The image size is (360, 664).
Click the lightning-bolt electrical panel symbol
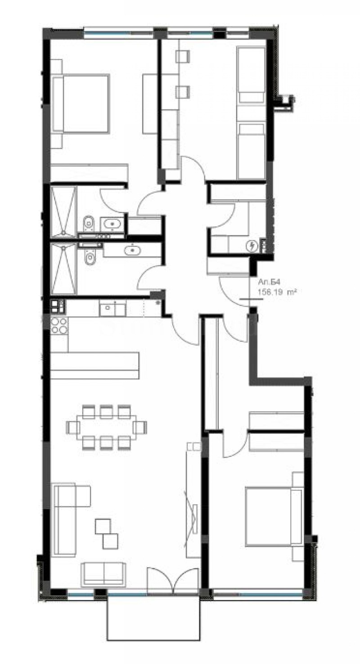tap(252, 246)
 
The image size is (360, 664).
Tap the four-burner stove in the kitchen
tap(59, 325)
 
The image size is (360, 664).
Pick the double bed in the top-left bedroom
tap(81, 104)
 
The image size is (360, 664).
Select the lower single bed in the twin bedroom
tap(251, 151)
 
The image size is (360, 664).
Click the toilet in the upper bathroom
tap(89, 223)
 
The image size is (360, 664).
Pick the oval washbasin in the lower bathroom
tap(132, 249)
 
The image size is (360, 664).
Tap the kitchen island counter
tap(94, 366)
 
